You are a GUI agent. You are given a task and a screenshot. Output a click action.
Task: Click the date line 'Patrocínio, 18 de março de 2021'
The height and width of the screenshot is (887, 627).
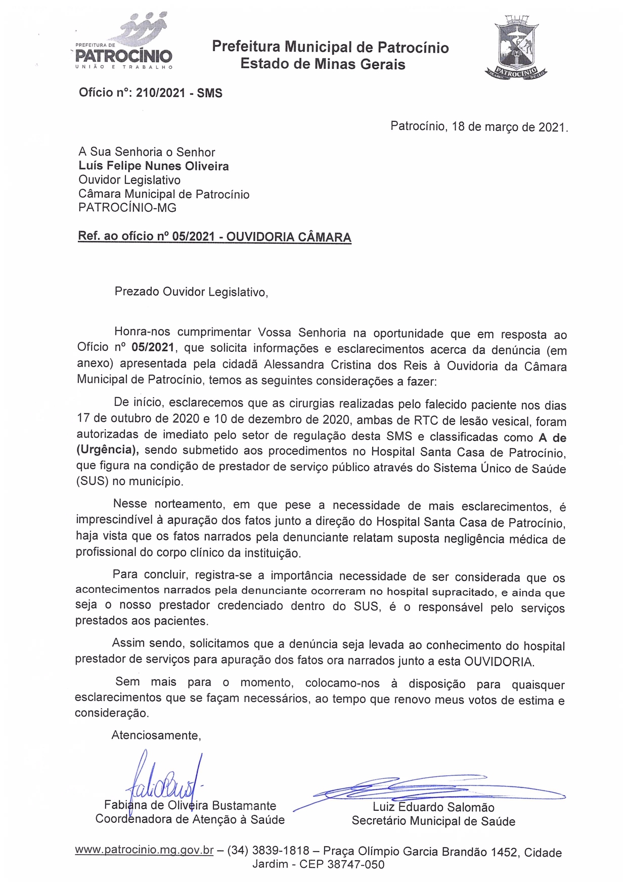[479, 126]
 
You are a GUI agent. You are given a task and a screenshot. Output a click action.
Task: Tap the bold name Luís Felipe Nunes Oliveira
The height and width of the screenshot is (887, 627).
[153, 166]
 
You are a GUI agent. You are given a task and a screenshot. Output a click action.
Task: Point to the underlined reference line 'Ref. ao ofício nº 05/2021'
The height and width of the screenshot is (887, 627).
[214, 237]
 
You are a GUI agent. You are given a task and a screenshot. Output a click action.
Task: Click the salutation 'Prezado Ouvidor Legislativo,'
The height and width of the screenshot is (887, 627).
[191, 292]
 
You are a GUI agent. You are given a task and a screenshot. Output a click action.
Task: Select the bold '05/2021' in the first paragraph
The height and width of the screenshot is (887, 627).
[153, 348]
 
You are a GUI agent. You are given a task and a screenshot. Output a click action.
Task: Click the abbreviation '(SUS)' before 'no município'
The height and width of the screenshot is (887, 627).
[93, 481]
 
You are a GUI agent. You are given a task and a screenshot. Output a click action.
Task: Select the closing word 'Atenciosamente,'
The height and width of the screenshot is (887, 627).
[156, 735]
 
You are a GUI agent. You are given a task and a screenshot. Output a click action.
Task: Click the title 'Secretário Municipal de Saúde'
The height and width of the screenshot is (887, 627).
[433, 821]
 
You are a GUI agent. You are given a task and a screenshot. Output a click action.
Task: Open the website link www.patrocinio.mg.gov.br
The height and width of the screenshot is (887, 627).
[144, 850]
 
